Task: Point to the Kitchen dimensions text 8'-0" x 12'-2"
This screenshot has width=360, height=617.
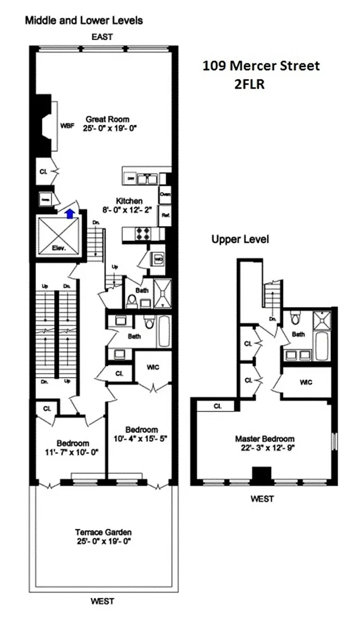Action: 129,210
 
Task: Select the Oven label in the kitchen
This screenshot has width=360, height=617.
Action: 165,194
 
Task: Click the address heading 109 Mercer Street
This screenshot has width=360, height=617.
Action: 261,66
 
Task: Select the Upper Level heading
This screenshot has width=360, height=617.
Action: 240,239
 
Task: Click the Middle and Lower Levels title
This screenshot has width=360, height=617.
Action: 84,21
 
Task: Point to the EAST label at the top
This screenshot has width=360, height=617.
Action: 102,37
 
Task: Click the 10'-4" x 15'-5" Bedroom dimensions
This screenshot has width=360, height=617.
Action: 141,438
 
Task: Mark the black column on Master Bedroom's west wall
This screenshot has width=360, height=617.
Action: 262,475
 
